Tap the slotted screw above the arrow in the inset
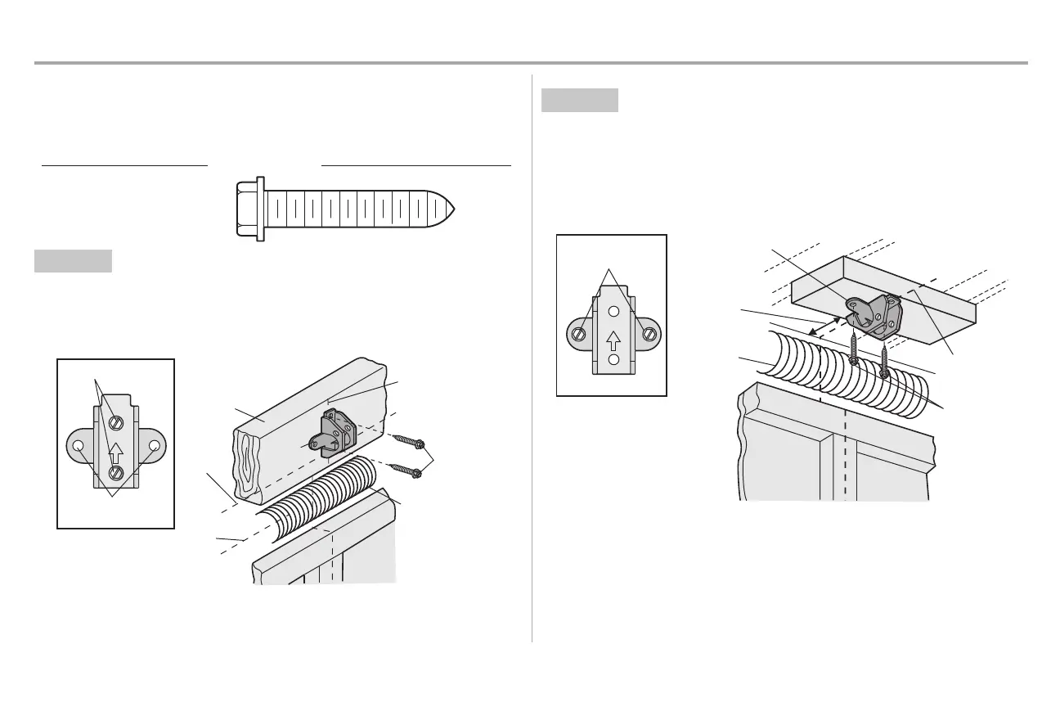click(x=116, y=422)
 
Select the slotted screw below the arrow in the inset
click(x=116, y=472)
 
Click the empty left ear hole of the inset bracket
click(x=79, y=446)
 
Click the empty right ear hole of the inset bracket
click(x=154, y=446)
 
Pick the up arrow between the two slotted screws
click(x=116, y=448)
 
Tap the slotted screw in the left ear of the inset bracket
click(x=579, y=334)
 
